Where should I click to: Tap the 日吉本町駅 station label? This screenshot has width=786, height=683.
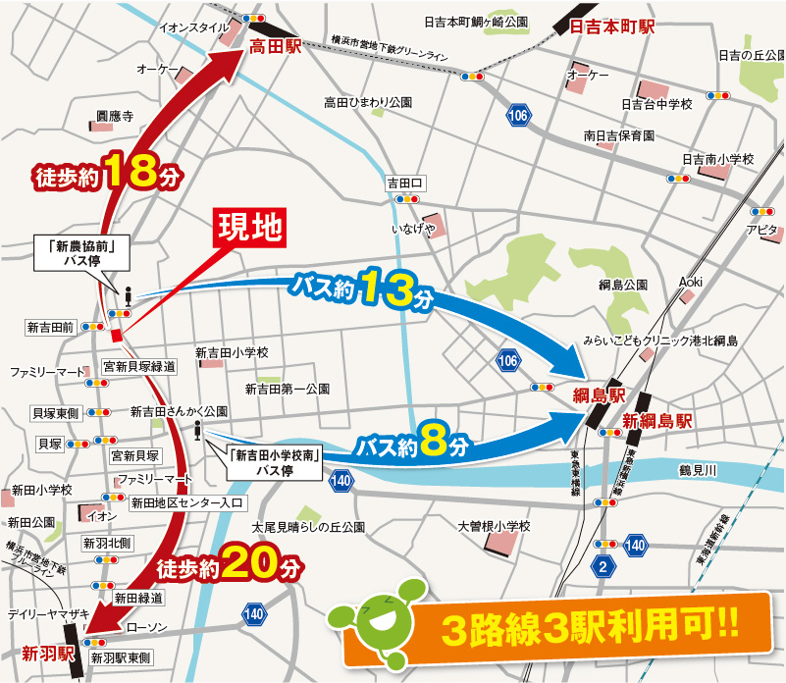point(612,27)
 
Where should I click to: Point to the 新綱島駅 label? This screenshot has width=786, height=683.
point(658,421)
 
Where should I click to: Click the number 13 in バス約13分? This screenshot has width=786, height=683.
point(386,288)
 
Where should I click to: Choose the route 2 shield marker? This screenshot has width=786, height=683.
point(603,567)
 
